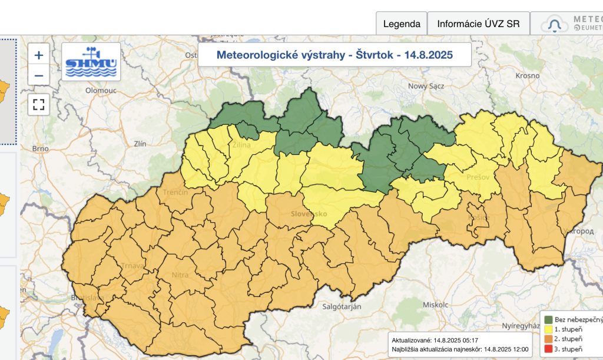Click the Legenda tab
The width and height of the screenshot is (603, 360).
click(402, 24)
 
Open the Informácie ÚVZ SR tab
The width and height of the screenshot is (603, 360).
click(478, 24)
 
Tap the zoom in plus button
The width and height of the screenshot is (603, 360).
click(39, 55)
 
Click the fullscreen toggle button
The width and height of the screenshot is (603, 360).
click(39, 105)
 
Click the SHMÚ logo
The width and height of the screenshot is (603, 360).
click(91, 61)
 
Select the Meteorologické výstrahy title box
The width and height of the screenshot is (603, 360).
click(334, 55)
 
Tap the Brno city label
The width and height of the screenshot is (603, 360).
click(40, 148)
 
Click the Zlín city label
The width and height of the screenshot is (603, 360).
click(140, 143)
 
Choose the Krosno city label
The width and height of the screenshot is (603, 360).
click(528, 75)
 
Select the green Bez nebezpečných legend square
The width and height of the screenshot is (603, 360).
click(549, 319)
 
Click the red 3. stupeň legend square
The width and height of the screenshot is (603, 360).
click(549, 349)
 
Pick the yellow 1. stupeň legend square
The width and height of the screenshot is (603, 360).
click(549, 329)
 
